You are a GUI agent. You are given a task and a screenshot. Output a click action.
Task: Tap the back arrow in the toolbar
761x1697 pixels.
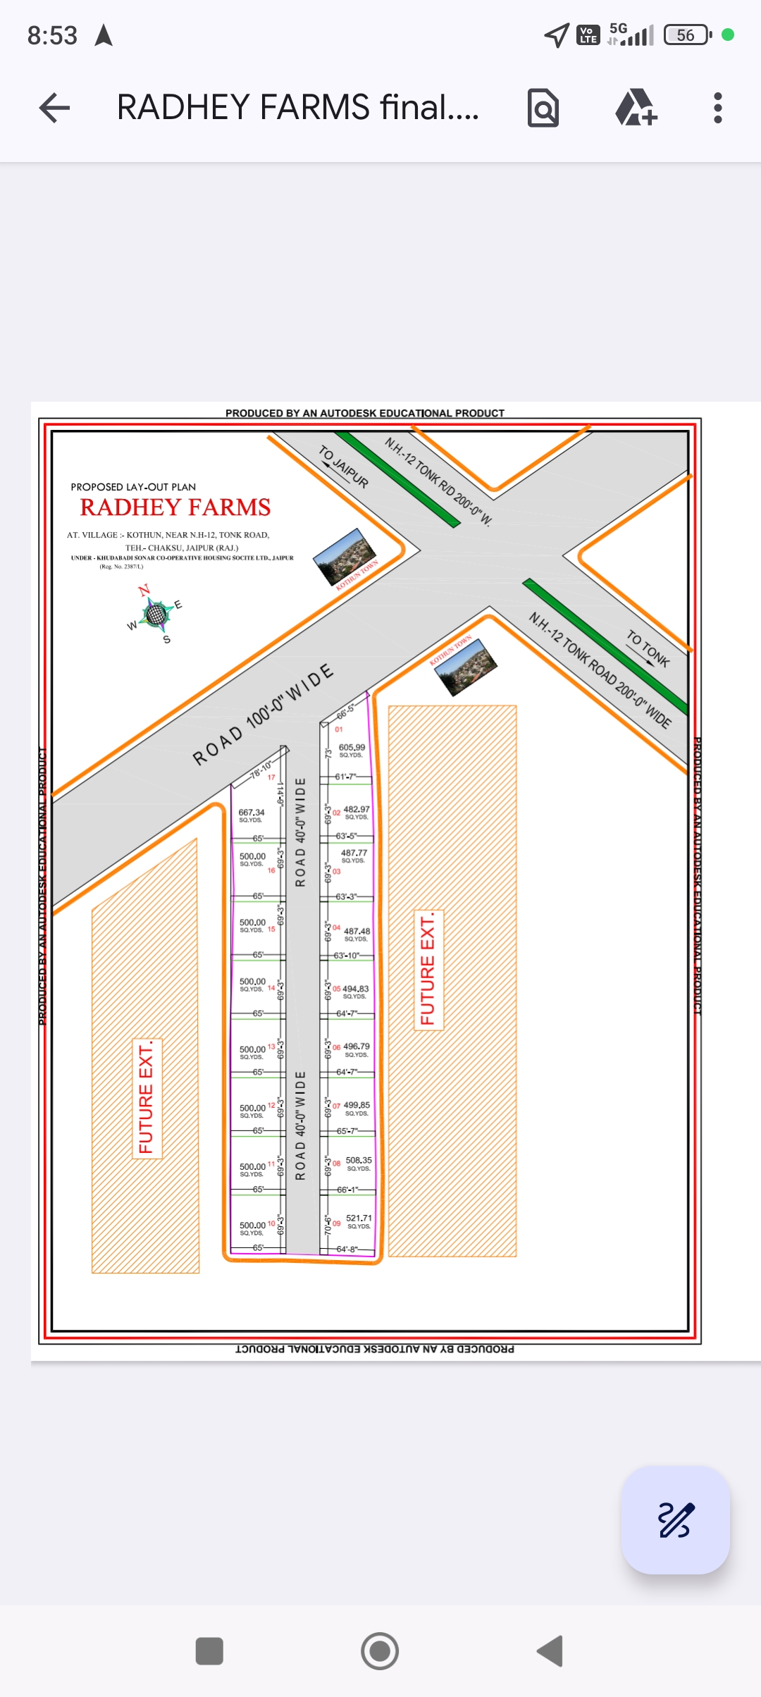(x=54, y=108)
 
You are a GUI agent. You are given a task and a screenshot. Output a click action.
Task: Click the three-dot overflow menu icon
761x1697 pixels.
(x=717, y=108)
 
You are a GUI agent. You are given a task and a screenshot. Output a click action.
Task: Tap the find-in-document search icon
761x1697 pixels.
(x=543, y=108)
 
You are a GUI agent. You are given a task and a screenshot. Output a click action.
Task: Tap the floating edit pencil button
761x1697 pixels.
(x=675, y=1519)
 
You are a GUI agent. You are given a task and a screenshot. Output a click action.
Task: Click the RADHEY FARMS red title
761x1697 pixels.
(x=175, y=507)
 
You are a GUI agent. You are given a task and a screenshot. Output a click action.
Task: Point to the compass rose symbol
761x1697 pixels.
(x=156, y=614)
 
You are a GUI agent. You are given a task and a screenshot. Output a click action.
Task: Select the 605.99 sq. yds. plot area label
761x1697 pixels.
(x=352, y=748)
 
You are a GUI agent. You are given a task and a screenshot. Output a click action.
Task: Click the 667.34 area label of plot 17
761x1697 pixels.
(x=252, y=813)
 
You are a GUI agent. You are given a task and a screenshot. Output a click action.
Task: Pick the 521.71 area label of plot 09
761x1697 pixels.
(x=359, y=1218)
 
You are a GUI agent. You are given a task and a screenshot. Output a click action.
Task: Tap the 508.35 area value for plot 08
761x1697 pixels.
(x=359, y=1160)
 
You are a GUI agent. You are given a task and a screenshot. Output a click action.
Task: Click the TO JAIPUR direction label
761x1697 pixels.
(x=344, y=466)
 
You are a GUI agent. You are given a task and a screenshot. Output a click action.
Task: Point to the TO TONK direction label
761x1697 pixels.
(x=648, y=648)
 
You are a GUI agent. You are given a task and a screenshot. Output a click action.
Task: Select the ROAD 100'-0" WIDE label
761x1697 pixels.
(x=262, y=714)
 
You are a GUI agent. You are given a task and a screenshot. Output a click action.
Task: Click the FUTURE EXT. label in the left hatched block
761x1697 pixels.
(x=147, y=1098)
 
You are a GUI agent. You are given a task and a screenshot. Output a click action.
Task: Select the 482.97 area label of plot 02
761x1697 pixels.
(x=357, y=810)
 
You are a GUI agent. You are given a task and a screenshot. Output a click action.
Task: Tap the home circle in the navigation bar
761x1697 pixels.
(x=380, y=1650)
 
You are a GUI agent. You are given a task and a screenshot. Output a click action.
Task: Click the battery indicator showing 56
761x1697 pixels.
(x=687, y=35)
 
